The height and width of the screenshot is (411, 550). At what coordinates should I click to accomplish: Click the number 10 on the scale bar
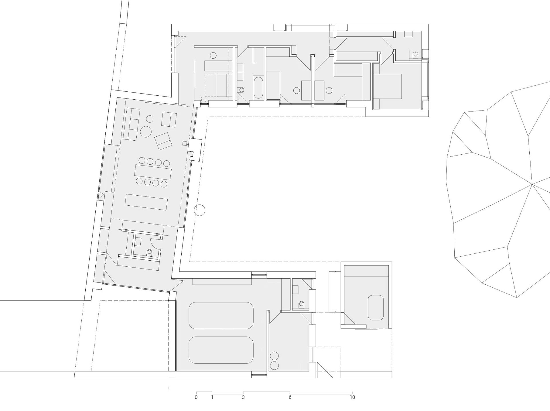[352, 397]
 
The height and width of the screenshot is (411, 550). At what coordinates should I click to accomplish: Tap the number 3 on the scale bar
[243, 397]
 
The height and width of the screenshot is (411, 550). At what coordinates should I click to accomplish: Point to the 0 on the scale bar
[196, 397]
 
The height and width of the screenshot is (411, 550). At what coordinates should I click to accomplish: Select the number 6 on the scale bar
[290, 397]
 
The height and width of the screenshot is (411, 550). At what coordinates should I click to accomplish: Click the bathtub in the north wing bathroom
[258, 88]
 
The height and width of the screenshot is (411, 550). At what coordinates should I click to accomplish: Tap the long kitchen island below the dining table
[146, 202]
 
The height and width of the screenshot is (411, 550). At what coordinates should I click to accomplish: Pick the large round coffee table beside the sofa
[146, 132]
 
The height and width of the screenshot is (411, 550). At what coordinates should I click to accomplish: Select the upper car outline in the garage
[221, 316]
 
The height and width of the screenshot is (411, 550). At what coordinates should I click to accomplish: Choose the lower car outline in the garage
[221, 350]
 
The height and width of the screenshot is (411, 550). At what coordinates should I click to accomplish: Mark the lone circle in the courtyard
[200, 211]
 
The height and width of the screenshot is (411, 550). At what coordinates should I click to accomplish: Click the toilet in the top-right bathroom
[416, 54]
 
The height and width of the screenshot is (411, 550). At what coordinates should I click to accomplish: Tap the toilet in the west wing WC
[149, 252]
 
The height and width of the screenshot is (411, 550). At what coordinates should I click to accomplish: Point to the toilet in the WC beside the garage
[301, 304]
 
